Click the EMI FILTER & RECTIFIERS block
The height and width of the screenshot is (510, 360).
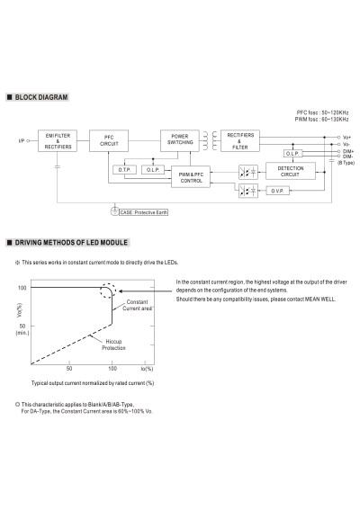tap(58, 141)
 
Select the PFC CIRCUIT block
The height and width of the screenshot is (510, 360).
tap(109, 141)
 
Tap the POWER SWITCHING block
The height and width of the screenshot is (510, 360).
tap(180, 141)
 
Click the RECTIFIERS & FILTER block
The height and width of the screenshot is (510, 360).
tap(240, 141)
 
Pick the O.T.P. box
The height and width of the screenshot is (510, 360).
tap(125, 170)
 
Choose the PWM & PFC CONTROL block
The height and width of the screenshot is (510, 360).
tap(191, 176)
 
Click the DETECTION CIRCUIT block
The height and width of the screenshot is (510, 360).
tap(291, 171)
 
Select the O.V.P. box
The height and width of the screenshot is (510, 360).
tap(277, 191)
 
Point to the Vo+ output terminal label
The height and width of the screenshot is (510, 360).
tap(347, 138)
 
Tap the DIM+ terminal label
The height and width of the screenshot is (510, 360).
tap(348, 151)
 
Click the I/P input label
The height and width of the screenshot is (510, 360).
tap(22, 141)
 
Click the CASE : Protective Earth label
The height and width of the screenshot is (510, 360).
tap(143, 212)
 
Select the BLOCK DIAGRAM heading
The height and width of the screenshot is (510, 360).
tap(41, 97)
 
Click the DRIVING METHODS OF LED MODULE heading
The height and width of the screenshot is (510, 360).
tap(71, 242)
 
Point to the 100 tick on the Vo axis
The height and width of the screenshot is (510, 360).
tap(22, 288)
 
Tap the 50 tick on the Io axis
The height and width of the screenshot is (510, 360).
tap(69, 369)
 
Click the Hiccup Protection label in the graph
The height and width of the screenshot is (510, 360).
tap(113, 344)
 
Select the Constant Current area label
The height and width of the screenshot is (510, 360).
tap(137, 305)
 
